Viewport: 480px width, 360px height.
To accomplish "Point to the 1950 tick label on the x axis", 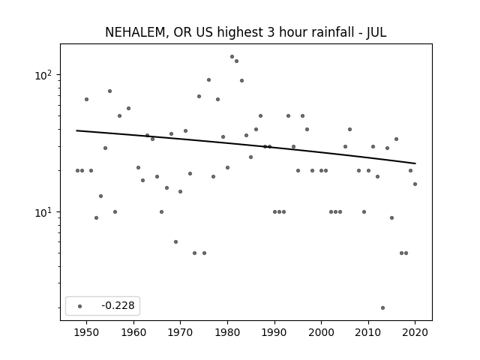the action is tap(86, 332).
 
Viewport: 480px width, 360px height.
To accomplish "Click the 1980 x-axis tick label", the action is tap(227, 332).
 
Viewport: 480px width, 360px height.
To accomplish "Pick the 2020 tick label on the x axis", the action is tap(415, 332).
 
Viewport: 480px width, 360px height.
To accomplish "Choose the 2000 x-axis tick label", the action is tap(321, 332).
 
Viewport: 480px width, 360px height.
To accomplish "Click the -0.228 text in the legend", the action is tap(118, 305).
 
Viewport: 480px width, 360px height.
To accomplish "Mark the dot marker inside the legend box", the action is tap(80, 306).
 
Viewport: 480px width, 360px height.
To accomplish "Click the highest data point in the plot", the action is tap(232, 57).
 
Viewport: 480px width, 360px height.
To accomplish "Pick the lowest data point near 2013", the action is tap(382, 308).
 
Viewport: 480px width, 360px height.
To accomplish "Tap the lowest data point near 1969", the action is tap(175, 241).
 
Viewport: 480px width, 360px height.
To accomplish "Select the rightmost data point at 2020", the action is tap(415, 184).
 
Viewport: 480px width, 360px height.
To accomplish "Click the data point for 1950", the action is tap(87, 99).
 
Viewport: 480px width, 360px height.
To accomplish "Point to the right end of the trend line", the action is tap(415, 163).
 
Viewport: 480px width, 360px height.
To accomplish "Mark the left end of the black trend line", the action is tap(76, 130).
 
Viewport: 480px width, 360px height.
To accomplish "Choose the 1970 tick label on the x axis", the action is tap(180, 332).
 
